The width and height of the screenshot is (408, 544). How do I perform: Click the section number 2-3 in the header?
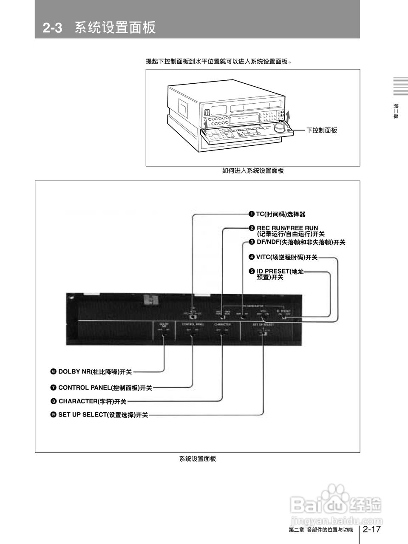pos(52,28)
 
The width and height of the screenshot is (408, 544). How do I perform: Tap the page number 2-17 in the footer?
pos(371,529)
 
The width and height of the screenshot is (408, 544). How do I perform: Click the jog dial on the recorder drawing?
pos(280,127)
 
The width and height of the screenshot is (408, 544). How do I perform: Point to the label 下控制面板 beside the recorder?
pos(322,130)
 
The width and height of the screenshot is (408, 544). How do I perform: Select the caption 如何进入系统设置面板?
pos(253,171)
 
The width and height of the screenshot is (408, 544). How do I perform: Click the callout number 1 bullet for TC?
pos(252,214)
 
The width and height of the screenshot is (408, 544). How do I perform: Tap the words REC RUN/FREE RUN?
pos(287,228)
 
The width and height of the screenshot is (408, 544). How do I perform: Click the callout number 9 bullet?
pos(54,415)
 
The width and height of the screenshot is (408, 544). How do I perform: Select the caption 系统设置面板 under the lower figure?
pos(197,459)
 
